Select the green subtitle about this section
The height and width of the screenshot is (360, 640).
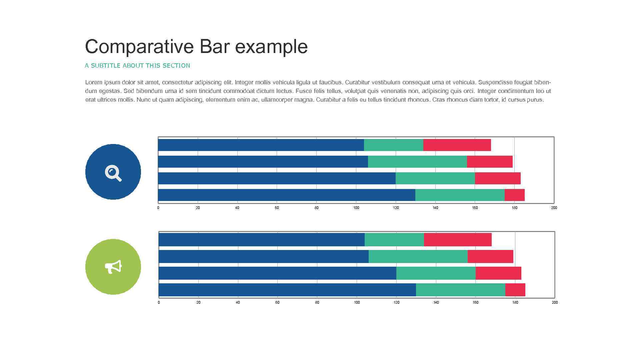(137, 66)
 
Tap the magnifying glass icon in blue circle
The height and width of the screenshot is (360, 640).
(113, 172)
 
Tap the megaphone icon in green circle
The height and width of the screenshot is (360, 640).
(113, 267)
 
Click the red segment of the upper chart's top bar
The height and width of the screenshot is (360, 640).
(457, 145)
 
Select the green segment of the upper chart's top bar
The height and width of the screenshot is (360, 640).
(393, 145)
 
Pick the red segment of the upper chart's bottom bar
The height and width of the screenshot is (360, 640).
(514, 195)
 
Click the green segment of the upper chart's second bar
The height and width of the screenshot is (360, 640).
(417, 162)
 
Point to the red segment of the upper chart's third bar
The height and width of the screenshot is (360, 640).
(497, 178)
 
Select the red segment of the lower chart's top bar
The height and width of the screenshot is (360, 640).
(457, 240)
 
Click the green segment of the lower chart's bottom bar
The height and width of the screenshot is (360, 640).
(460, 290)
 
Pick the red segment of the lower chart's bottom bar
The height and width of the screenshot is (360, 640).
(515, 290)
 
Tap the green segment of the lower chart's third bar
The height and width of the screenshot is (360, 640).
(436, 273)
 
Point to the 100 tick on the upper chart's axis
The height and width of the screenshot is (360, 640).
(356, 208)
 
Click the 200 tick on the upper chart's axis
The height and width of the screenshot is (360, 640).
(554, 208)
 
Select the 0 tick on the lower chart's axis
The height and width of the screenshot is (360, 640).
(159, 302)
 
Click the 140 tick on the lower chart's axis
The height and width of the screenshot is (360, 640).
(436, 302)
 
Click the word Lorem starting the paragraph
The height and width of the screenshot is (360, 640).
(93, 82)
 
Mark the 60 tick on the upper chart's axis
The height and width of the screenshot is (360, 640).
(277, 208)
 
